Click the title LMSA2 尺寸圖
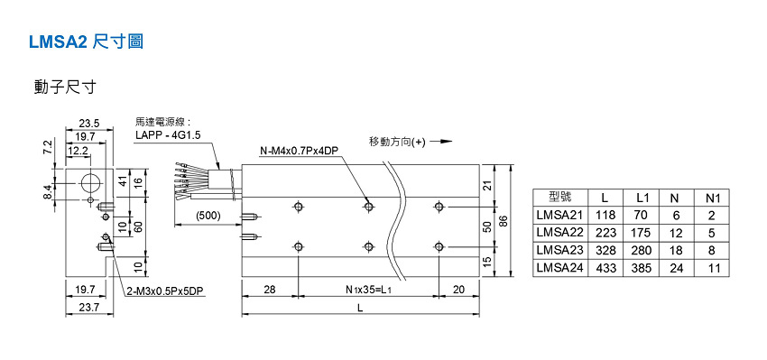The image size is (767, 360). (x=86, y=42)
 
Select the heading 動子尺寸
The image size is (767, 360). (x=65, y=87)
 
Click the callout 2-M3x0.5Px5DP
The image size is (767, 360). (x=165, y=291)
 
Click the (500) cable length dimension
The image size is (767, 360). (x=208, y=216)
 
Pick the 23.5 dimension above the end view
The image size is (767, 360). (x=89, y=124)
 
